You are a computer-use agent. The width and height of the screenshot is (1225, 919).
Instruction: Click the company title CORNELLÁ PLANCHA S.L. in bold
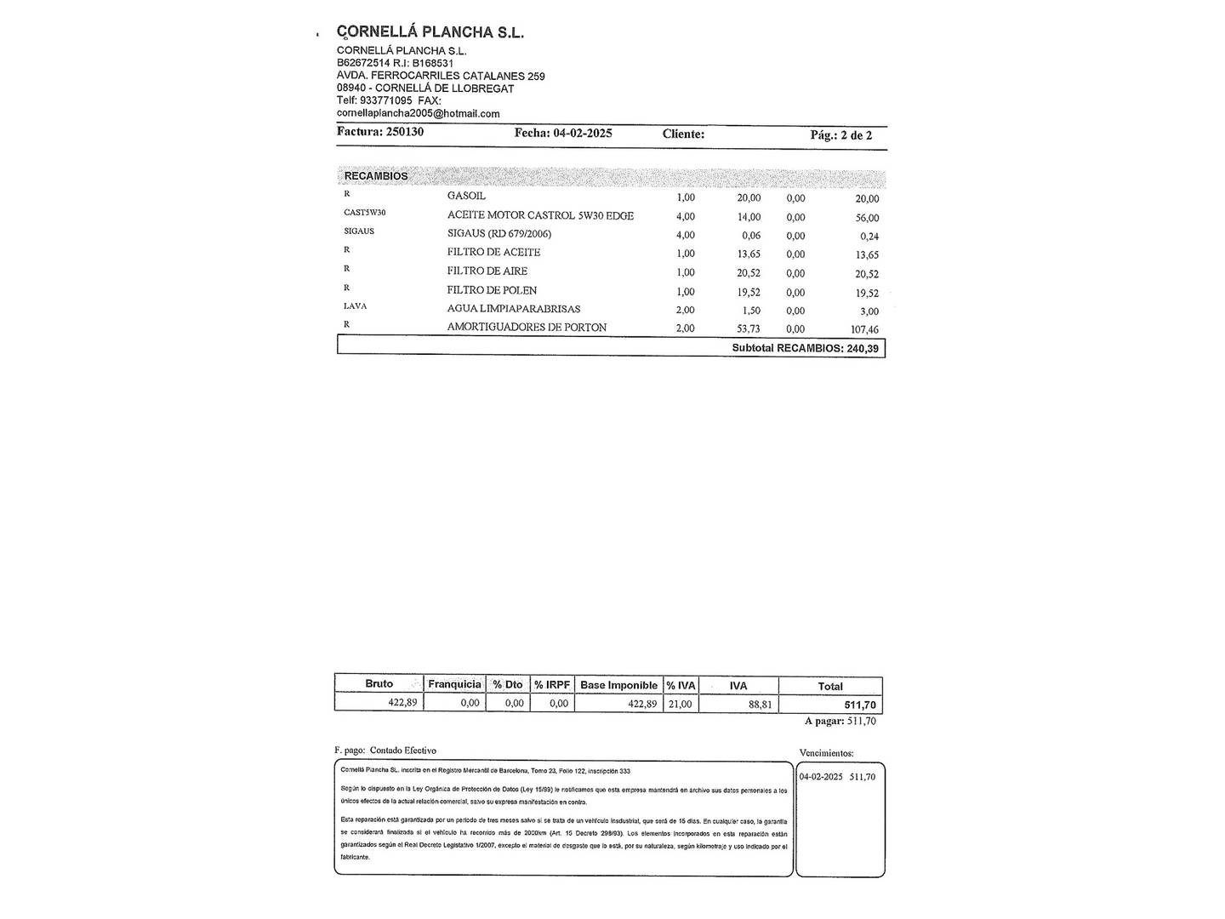430,32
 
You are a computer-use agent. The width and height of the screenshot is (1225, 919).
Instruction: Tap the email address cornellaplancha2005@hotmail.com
418,113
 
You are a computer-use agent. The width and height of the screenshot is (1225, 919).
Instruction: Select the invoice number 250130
405,132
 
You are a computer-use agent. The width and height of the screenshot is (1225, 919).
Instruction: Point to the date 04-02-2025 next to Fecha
583,133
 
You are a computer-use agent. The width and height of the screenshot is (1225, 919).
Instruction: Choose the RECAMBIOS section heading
376,176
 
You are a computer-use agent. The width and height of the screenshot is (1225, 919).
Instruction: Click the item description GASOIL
466,196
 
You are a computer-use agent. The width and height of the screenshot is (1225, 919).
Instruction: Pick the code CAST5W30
364,213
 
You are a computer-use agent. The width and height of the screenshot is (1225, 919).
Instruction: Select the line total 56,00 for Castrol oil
867,218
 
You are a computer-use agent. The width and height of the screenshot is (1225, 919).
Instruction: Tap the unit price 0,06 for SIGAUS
750,236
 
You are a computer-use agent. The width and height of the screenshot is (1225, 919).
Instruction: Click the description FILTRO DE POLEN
492,290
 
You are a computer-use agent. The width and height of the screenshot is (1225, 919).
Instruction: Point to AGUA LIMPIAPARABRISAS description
514,309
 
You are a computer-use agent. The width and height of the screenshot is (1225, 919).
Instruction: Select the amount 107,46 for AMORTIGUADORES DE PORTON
863,329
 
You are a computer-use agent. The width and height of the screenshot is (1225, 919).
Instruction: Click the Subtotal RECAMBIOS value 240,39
863,348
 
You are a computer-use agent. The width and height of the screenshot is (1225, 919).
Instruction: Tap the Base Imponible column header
618,685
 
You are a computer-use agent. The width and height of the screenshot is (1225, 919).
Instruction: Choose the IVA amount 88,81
760,704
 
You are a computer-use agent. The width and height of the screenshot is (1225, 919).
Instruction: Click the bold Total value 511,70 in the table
860,705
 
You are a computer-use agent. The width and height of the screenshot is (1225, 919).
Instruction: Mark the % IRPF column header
552,685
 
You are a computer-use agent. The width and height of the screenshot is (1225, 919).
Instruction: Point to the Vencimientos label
826,753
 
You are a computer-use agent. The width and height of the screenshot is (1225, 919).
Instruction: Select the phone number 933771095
385,100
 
